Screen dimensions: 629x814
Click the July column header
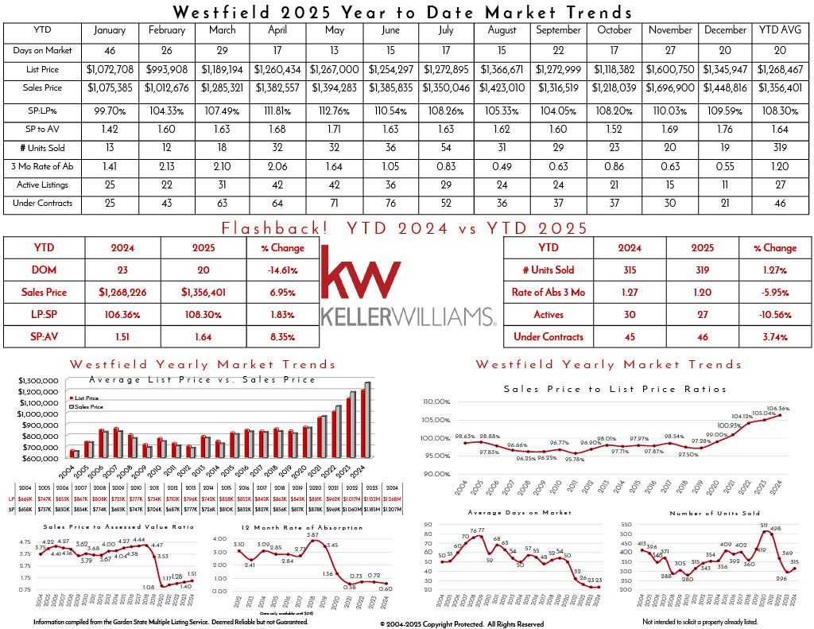pyautogui.click(x=447, y=30)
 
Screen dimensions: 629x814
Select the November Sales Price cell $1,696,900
pyautogui.click(x=671, y=87)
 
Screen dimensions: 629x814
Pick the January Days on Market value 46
pyautogui.click(x=110, y=50)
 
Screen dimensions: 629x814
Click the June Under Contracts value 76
pyautogui.click(x=390, y=203)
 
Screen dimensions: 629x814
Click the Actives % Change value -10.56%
pyautogui.click(x=779, y=314)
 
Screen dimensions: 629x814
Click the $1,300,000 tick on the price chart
pyautogui.click(x=39, y=380)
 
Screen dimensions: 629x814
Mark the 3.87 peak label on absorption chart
pyautogui.click(x=312, y=534)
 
